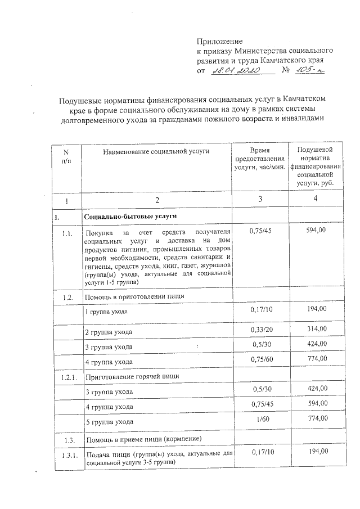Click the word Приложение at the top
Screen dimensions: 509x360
click(219, 41)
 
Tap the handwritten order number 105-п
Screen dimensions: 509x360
click(309, 71)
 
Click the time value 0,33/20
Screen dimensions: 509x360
click(260, 328)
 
